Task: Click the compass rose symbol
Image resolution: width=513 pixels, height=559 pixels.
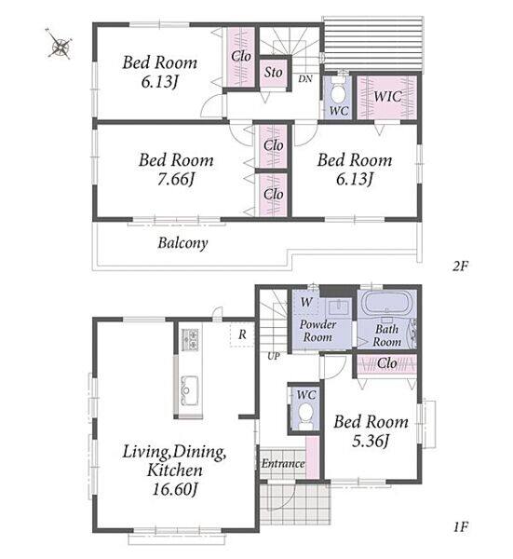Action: pyautogui.click(x=60, y=44)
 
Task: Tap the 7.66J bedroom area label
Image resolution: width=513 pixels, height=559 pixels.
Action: pyautogui.click(x=176, y=179)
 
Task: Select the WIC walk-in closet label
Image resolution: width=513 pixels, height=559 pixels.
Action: pyautogui.click(x=387, y=96)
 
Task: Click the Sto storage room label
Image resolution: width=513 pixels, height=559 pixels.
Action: pyautogui.click(x=273, y=73)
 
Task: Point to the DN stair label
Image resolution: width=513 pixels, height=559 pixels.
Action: pyautogui.click(x=305, y=79)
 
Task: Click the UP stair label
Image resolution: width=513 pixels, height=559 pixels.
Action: pyautogui.click(x=273, y=356)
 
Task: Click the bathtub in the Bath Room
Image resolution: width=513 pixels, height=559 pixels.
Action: pyautogui.click(x=385, y=302)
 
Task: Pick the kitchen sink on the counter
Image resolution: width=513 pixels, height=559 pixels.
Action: pyautogui.click(x=188, y=390)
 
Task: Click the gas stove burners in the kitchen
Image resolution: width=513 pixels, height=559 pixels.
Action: pyautogui.click(x=190, y=339)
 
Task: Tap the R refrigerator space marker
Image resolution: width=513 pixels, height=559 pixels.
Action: pyautogui.click(x=242, y=334)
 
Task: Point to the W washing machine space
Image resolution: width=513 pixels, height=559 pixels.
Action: pyautogui.click(x=305, y=302)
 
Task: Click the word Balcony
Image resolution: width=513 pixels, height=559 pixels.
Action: pyautogui.click(x=182, y=243)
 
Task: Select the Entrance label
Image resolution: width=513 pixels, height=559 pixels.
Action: pyautogui.click(x=283, y=463)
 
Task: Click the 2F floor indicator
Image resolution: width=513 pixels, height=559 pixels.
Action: pyautogui.click(x=460, y=266)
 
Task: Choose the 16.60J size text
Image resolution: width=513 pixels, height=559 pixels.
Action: pyautogui.click(x=174, y=489)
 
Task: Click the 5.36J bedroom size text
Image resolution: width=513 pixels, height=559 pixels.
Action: pyautogui.click(x=371, y=442)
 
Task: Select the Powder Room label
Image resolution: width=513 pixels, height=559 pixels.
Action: pyautogui.click(x=317, y=331)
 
